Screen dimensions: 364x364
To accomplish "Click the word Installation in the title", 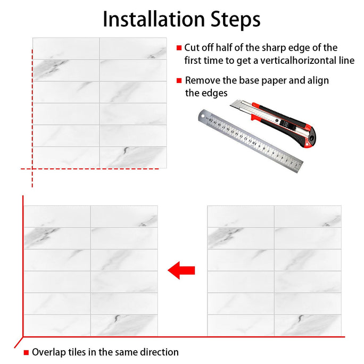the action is [x=154, y=19].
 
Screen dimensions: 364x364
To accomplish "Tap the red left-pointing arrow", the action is [x=181, y=270].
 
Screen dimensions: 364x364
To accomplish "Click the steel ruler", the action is [x=250, y=140].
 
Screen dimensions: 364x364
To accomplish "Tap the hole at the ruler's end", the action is [x=203, y=116].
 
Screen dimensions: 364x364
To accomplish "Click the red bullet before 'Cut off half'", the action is [x=179, y=47].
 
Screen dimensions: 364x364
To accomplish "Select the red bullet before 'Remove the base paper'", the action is [x=179, y=80].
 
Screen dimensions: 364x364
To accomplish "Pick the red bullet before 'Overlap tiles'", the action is [x=26, y=353].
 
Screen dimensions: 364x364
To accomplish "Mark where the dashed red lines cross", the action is [x=32, y=169].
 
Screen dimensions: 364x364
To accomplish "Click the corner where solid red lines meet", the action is [x=23, y=337].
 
